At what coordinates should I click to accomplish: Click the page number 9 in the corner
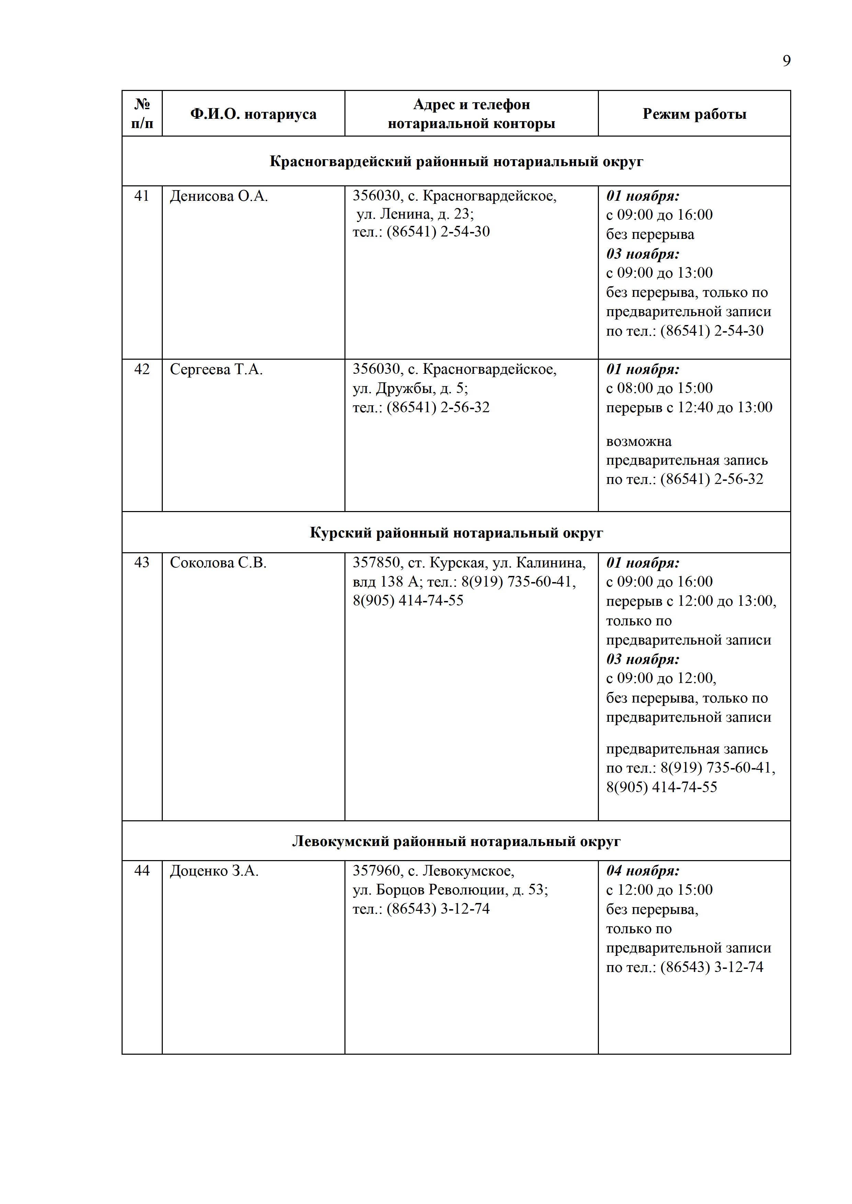pyautogui.click(x=786, y=61)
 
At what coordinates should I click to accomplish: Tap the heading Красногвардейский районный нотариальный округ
pyautogui.click(x=456, y=162)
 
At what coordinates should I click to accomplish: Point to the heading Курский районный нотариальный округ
pyautogui.click(x=456, y=533)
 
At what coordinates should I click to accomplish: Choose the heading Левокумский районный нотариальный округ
pyautogui.click(x=456, y=842)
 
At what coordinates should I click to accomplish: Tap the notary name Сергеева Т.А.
pyautogui.click(x=216, y=370)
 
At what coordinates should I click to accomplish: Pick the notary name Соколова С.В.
pyautogui.click(x=218, y=563)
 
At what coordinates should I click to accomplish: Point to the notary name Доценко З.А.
pyautogui.click(x=214, y=871)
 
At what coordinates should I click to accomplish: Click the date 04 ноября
pyautogui.click(x=643, y=871)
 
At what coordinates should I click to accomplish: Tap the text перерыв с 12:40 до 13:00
pyautogui.click(x=689, y=407)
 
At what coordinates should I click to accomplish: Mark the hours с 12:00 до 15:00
pyautogui.click(x=659, y=890)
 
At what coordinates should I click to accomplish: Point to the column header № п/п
pyautogui.click(x=142, y=114)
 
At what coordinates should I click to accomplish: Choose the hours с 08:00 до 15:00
pyautogui.click(x=659, y=388)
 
